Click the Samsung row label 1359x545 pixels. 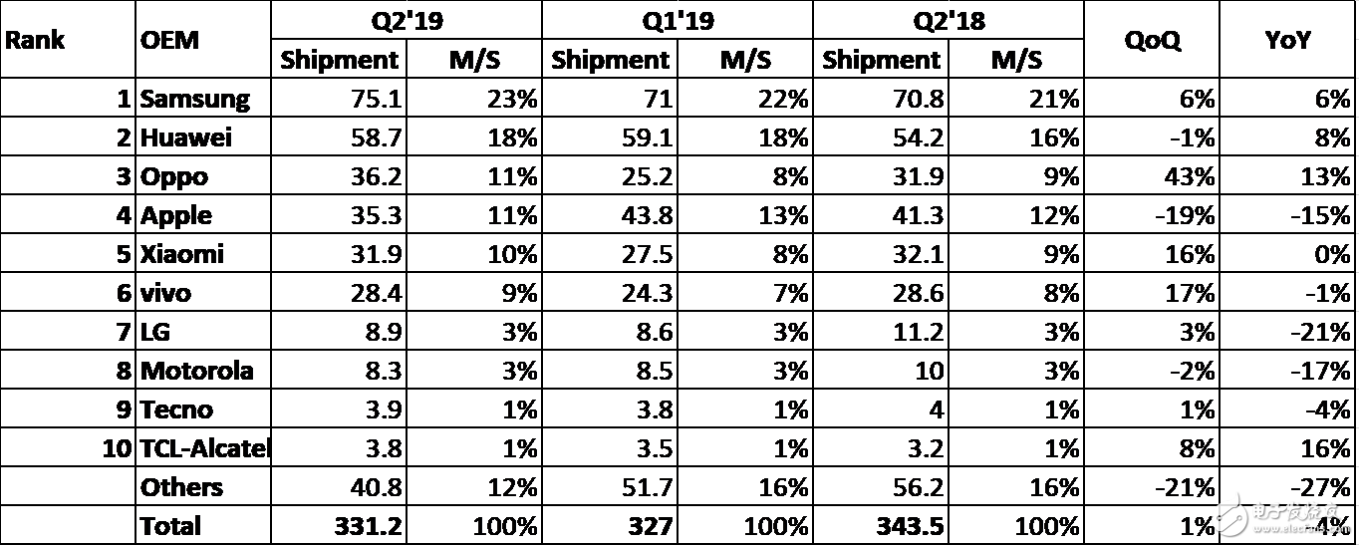point(195,99)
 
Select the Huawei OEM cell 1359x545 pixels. point(186,137)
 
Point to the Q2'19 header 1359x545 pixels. point(407,21)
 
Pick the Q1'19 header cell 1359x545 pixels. point(678,21)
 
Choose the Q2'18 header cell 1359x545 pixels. point(949,21)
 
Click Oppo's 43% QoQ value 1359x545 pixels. point(1192,176)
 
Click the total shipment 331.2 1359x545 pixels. point(364,526)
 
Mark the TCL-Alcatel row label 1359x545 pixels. point(205,448)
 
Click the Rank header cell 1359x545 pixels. point(36,40)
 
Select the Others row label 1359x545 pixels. point(181,487)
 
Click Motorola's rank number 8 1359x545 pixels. point(124,371)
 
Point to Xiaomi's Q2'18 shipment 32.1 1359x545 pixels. point(916,254)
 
